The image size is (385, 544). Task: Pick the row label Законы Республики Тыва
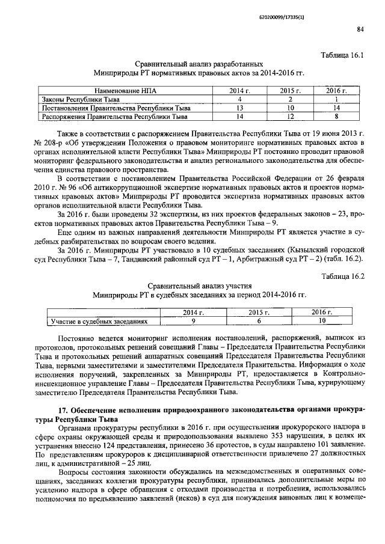coord(80,99)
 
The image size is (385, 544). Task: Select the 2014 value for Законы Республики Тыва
coord(239,99)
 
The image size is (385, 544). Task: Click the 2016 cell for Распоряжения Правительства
coord(337,116)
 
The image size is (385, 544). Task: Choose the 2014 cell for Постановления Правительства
coord(239,108)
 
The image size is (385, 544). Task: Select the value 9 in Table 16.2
coord(193,322)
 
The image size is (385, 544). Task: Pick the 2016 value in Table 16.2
coord(322,322)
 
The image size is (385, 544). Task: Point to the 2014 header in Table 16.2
coord(193,313)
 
